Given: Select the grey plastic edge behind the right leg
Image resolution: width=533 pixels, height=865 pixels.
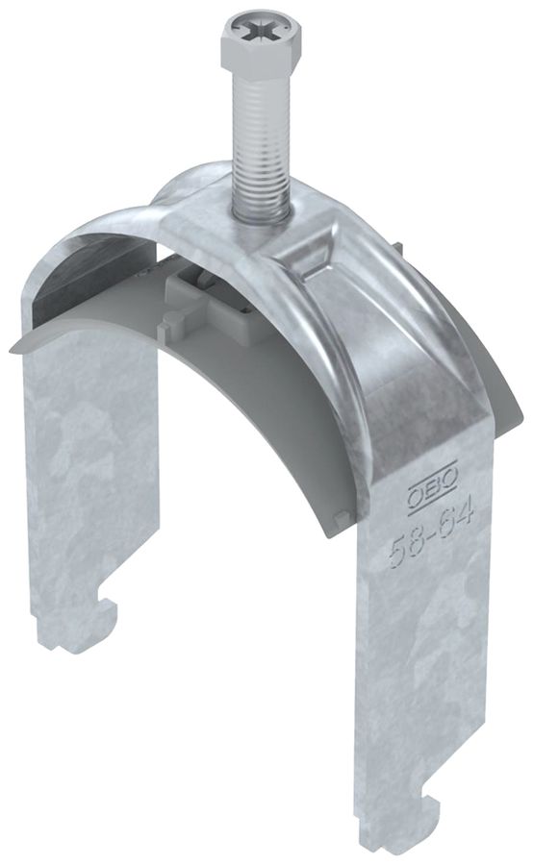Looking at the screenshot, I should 500,394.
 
